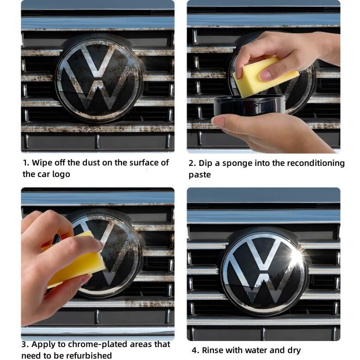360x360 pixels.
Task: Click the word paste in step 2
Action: point(200,175)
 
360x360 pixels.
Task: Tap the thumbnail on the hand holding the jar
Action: point(218,121)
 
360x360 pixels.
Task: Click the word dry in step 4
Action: point(294,351)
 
